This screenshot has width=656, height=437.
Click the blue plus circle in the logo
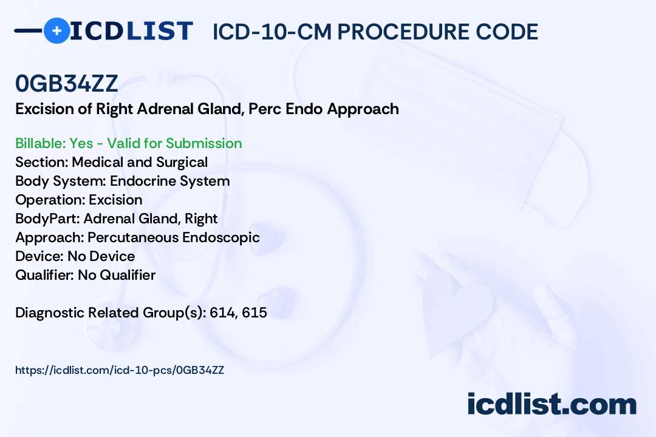[56, 31]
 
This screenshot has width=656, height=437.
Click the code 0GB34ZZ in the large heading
[67, 83]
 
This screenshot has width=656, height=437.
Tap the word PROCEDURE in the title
[403, 32]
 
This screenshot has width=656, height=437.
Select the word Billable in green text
[39, 143]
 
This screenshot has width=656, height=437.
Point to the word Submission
[203, 143]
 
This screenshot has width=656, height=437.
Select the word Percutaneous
[133, 237]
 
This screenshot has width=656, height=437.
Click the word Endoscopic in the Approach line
[221, 238]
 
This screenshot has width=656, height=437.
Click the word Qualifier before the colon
[43, 275]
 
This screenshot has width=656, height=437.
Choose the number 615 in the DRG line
[255, 313]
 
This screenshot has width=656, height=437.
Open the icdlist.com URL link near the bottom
[120, 370]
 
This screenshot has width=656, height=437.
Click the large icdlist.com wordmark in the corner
[552, 404]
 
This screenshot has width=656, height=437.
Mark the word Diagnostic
[50, 313]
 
